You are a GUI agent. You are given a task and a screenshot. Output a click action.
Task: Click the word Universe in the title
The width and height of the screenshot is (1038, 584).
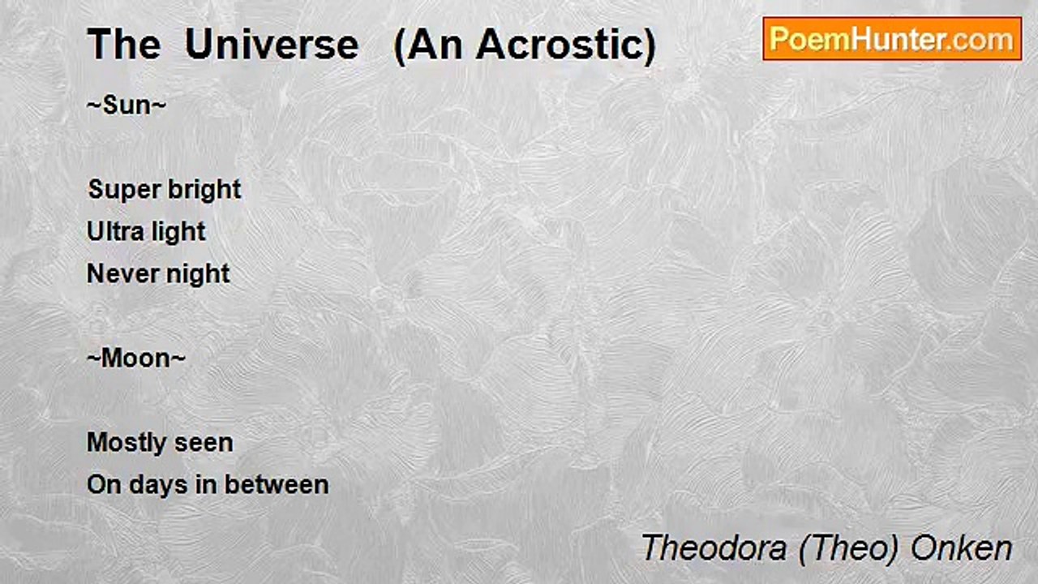tap(272, 45)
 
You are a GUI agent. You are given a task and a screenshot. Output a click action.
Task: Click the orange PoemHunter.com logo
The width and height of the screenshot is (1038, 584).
tap(892, 39)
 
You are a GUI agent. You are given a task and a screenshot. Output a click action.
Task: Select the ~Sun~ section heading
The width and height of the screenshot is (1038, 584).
tap(127, 105)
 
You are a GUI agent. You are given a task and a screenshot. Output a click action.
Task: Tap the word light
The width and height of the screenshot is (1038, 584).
tap(178, 232)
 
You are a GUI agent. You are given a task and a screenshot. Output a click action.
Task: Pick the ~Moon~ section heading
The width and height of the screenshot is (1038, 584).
tap(136, 359)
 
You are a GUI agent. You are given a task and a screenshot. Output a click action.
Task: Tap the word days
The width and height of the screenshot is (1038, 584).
tap(158, 486)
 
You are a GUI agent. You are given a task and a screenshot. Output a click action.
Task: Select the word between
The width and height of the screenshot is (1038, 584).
tap(277, 485)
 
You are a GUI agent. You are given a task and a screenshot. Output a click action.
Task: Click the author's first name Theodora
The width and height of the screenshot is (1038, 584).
tap(714, 548)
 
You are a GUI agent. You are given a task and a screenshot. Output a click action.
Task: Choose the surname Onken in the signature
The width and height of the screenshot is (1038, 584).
tap(961, 549)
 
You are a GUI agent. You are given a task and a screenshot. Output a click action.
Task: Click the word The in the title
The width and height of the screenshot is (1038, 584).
tap(124, 45)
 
